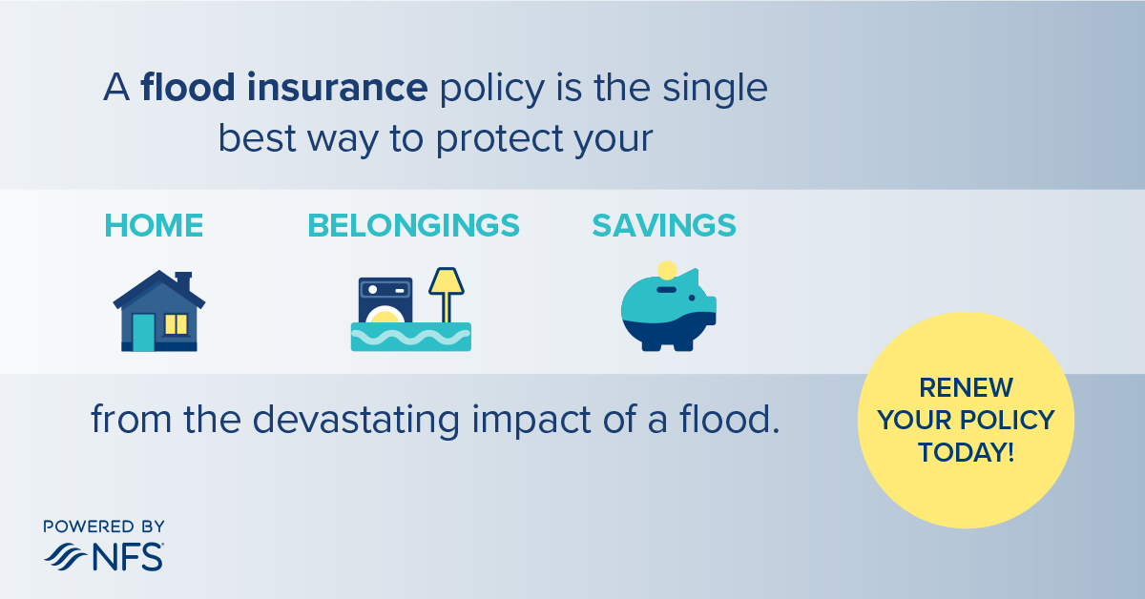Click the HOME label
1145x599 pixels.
click(154, 225)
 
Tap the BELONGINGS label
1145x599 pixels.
click(413, 225)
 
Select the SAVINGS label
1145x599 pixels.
click(664, 225)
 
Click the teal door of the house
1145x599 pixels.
click(144, 332)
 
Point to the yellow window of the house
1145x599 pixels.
click(176, 324)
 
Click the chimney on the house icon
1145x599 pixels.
click(183, 281)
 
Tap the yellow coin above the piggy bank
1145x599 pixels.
click(667, 270)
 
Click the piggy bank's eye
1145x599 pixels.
click(692, 298)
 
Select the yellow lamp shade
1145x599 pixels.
click(447, 281)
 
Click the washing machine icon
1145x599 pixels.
click(385, 300)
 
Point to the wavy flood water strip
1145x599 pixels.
click(411, 337)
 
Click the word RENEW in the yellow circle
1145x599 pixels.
click(966, 387)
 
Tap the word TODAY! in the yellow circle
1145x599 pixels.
click(966, 452)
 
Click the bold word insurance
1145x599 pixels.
click(338, 88)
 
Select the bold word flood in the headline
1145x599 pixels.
click(188, 87)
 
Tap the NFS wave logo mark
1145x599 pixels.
click(66, 557)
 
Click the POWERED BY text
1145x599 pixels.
click(104, 527)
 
